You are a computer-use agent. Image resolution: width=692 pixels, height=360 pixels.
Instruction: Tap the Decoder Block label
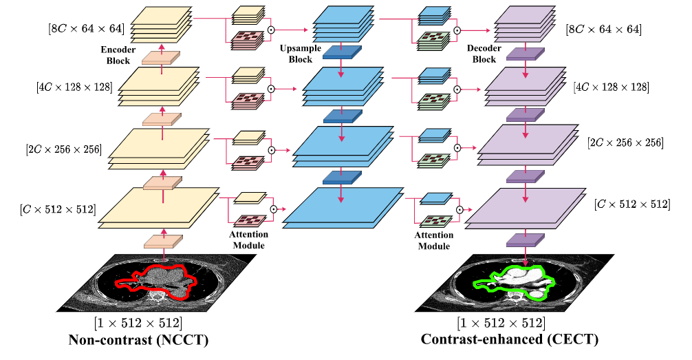(484, 54)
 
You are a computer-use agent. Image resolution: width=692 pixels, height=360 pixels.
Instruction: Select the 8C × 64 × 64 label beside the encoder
(84, 28)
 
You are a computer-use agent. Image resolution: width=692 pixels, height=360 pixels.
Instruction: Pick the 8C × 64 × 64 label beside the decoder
(603, 30)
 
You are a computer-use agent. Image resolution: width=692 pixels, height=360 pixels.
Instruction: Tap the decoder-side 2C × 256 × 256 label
(625, 142)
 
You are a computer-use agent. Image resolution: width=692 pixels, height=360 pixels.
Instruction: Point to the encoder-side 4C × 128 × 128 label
(74, 87)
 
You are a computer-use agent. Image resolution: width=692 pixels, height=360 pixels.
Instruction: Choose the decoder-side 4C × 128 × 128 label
(611, 87)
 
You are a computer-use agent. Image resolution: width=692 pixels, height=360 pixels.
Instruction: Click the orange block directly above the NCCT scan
(163, 241)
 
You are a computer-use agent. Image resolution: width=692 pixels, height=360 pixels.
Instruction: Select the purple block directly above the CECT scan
(526, 240)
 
